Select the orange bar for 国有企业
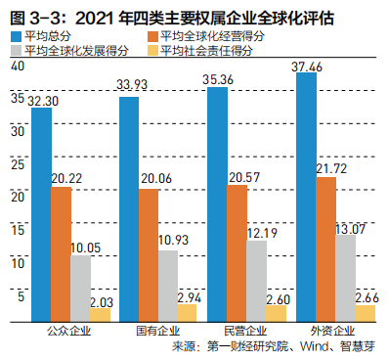coord(149,254)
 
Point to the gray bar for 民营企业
coord(257,281)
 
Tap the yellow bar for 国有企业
coord(187,312)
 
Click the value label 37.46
coord(310,66)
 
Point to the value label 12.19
coord(257,233)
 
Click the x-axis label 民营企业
coord(238,331)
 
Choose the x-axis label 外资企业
coord(325,331)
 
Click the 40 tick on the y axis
coord(15,66)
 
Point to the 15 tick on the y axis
coord(15,230)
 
